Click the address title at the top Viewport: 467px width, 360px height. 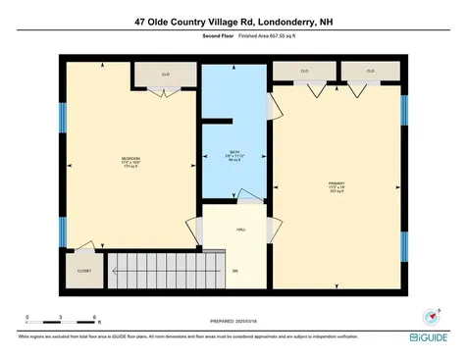[x=233, y=20]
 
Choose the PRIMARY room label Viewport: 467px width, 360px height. [x=337, y=183]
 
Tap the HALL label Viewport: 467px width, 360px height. [x=240, y=231]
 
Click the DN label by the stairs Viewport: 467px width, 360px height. [x=235, y=271]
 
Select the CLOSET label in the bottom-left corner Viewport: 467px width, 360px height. [x=83, y=270]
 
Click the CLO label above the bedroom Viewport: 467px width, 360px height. [x=165, y=75]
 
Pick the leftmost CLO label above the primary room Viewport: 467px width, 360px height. [x=305, y=71]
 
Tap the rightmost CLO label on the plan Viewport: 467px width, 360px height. [x=371, y=71]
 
